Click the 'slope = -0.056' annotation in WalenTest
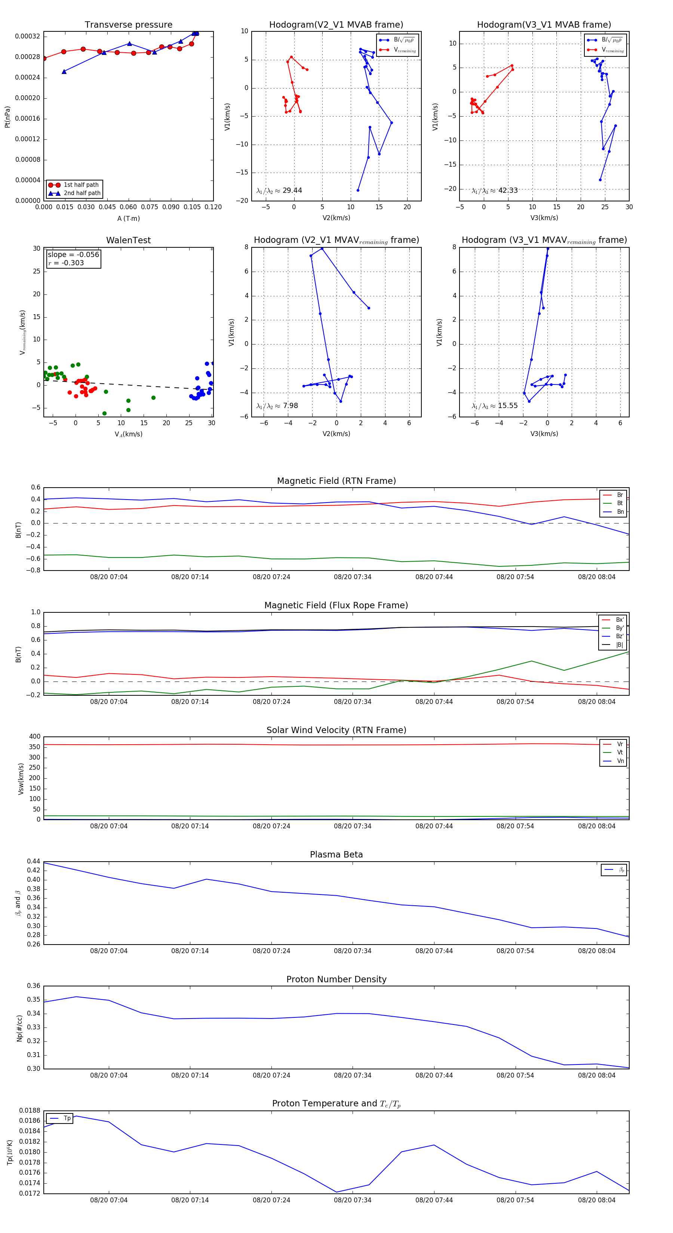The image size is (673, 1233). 73,255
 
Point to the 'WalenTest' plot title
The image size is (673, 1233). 128,240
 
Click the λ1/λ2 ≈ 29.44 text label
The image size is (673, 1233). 279,191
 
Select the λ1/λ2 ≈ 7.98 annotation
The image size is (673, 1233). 277,406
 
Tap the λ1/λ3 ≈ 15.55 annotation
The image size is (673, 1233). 494,406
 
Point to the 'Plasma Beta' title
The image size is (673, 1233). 336,855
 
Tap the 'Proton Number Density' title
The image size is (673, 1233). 336,979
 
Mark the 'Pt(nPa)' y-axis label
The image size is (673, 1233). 7,117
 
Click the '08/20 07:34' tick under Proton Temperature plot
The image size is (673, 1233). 353,1200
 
